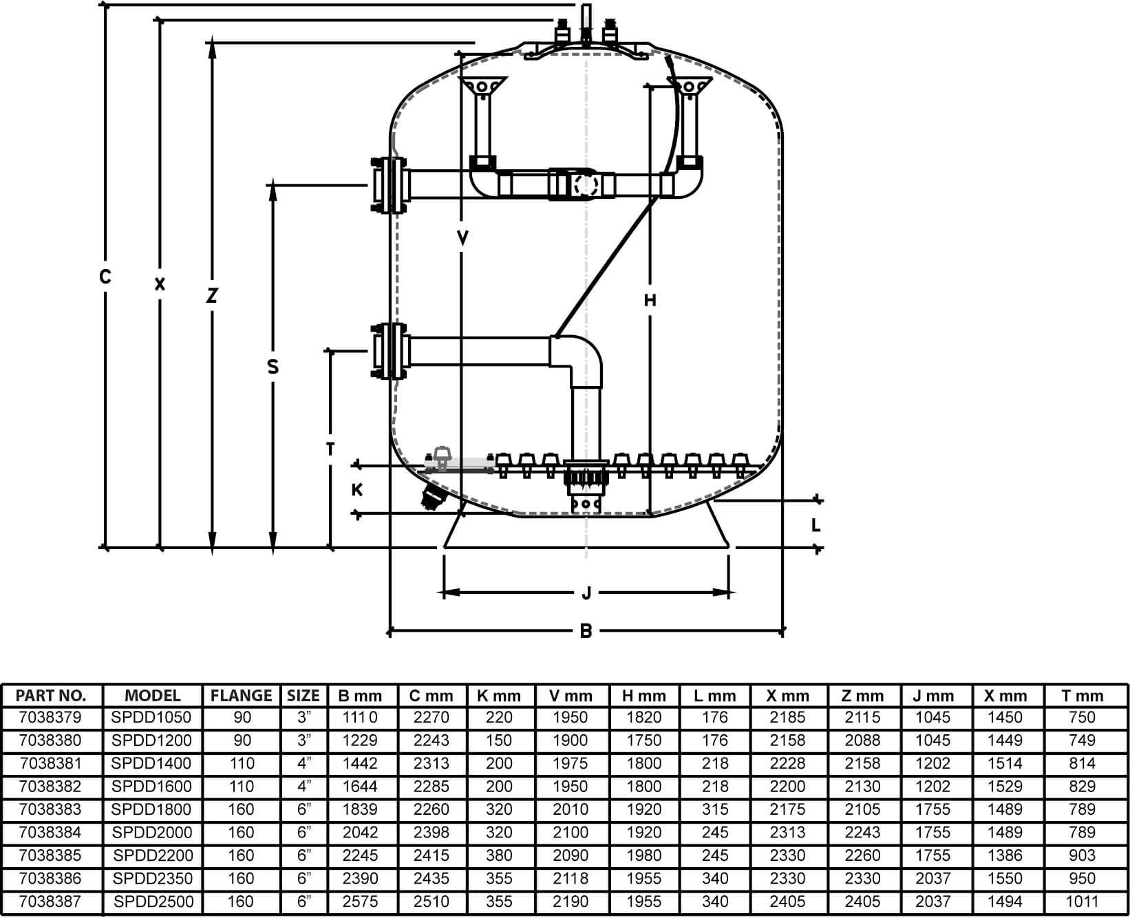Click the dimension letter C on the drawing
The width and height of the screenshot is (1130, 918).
105,277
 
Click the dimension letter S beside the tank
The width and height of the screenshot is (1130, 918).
273,367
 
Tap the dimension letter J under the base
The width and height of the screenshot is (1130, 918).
586,593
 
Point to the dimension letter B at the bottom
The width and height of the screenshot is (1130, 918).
586,631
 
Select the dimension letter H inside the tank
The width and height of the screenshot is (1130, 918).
650,300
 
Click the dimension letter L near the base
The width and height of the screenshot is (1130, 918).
815,526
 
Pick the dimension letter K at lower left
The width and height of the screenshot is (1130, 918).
356,490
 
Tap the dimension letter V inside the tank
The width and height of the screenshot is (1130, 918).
462,238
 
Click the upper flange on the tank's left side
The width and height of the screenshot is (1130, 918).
387,186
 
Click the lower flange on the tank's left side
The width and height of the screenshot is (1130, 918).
387,351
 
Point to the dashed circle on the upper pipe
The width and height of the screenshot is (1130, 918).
587,184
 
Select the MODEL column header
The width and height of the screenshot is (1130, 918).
153,696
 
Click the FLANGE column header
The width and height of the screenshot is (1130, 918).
242,696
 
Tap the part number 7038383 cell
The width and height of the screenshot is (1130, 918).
51,809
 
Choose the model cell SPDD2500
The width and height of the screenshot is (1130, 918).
153,901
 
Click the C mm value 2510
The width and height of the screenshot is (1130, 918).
431,901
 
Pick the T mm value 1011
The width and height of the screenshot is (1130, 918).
1082,901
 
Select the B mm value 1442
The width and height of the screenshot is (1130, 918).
360,763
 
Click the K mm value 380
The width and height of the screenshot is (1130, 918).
499,855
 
